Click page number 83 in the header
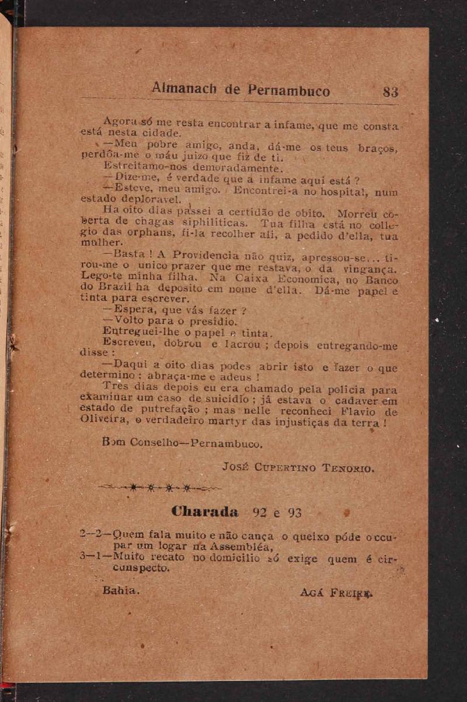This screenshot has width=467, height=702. pos(391,92)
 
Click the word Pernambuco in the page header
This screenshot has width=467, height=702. pos(288,91)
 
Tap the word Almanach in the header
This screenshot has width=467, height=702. pos(185,89)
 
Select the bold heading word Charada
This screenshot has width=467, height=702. pos(205,512)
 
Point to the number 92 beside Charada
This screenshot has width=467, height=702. pos(260,513)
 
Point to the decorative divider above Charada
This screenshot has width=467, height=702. pos(159,488)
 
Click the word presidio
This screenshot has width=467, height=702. pos(215,322)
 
